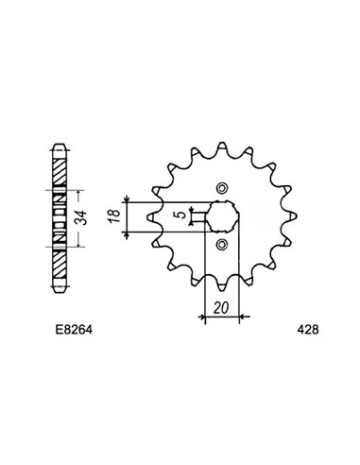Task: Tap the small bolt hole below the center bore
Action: pos(223,246)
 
